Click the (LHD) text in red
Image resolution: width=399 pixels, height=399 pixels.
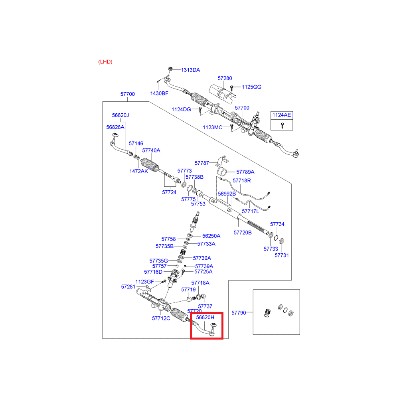(105, 62)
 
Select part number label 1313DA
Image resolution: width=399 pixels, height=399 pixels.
(190, 70)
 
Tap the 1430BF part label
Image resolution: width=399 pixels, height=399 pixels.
(159, 93)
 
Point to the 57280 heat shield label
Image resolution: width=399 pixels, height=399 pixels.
(225, 79)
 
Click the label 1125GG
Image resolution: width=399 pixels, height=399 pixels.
(251, 87)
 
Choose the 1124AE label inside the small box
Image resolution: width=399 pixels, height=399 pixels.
(282, 115)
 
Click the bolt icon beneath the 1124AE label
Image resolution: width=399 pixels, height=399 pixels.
(282, 124)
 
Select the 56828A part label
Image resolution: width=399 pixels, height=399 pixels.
(115, 127)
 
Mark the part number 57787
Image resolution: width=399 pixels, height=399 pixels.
(202, 163)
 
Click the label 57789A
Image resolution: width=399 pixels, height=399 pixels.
(245, 172)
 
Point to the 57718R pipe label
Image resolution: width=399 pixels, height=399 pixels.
(242, 181)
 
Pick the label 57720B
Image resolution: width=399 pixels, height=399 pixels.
(243, 232)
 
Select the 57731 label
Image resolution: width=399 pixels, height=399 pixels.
(281, 255)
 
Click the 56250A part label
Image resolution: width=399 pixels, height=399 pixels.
(211, 236)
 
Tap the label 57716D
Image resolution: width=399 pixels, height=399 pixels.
(153, 272)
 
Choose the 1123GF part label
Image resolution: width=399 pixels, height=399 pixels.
(144, 282)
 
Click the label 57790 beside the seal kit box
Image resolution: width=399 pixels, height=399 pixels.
(239, 313)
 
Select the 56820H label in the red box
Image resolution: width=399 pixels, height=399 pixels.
(205, 317)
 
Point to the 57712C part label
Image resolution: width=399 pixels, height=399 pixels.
(161, 318)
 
